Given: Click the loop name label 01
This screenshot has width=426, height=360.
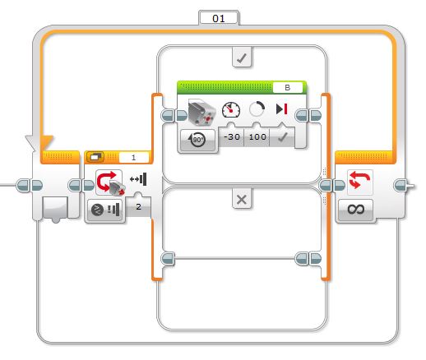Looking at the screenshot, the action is (x=219, y=18).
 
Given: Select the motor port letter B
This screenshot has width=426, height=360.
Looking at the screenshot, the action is (x=287, y=87).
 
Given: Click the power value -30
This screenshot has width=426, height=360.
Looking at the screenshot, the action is (x=232, y=136).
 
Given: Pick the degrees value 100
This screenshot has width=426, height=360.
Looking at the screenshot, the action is (x=257, y=136).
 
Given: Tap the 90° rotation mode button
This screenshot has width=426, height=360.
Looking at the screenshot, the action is (x=197, y=140).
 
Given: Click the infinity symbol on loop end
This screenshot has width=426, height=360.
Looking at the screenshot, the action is (x=355, y=210).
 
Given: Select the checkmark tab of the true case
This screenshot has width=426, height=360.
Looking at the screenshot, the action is (x=242, y=58).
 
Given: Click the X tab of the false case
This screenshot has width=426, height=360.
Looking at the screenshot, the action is (x=242, y=199).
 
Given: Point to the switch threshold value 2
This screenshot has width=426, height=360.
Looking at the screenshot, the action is (x=138, y=206).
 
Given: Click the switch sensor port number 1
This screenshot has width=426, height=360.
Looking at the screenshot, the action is (x=133, y=158).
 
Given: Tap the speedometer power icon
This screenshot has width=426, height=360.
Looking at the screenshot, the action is (x=231, y=110).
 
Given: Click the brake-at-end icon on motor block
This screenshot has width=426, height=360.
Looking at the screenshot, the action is (x=281, y=109).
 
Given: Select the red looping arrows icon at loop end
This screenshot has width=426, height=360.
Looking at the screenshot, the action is (x=360, y=180).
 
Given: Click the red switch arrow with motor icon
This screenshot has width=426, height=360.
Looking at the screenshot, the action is (x=109, y=182).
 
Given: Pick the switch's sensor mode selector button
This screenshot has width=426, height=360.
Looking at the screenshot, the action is (x=105, y=210).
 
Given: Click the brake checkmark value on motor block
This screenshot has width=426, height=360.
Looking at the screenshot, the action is (x=282, y=137).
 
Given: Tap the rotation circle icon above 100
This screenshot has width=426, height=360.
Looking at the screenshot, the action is (x=257, y=108).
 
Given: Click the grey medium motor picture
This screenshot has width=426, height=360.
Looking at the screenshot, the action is (x=202, y=113).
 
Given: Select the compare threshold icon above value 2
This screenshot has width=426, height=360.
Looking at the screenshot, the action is (x=139, y=179).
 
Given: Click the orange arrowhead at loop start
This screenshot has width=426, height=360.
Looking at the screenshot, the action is (x=47, y=142).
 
